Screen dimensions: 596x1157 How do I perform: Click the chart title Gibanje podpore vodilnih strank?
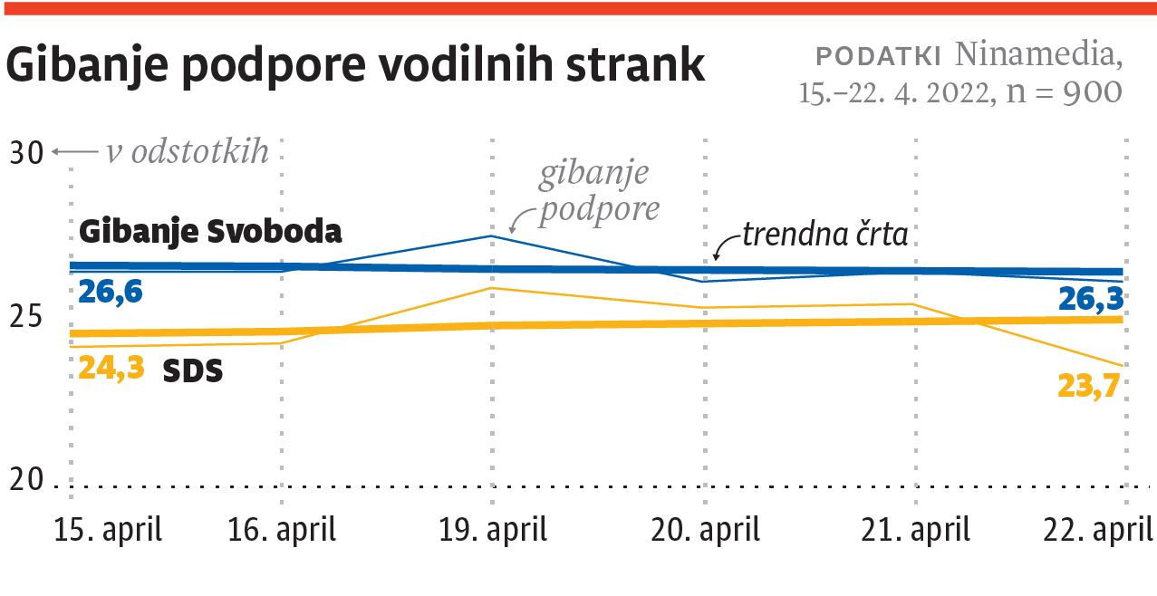pos(355,66)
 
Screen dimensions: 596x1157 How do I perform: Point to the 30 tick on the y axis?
pos(26,153)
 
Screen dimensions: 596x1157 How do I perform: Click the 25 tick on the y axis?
pos(26,317)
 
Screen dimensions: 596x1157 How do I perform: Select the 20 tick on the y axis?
pos(26,481)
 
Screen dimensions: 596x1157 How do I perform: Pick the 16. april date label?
pos(282,529)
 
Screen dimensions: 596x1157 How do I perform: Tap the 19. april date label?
pos(493,529)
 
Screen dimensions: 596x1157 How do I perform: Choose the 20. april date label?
pos(706,529)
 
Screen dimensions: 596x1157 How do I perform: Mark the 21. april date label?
pos(915,529)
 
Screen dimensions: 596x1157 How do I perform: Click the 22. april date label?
pos(1100,529)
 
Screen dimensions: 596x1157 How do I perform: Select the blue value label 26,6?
pos(111,292)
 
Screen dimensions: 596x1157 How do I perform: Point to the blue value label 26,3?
pos(1092,298)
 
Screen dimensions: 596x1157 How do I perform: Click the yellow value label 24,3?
pos(111,369)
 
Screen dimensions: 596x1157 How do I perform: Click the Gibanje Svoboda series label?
pos(211,232)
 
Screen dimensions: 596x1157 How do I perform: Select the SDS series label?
pos(193,370)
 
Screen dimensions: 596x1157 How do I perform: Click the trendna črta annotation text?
pos(824,235)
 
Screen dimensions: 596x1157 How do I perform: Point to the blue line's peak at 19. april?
pos(491,236)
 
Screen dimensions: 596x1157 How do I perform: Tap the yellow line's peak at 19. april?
pos(491,288)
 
